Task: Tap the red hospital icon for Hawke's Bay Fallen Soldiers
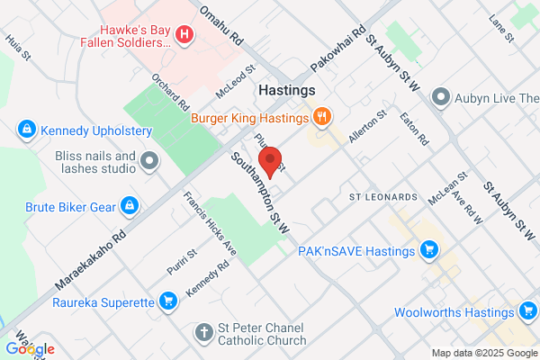[184, 34]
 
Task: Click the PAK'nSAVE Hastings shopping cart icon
[428, 250]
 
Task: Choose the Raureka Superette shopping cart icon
[167, 300]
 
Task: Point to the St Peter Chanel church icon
[205, 333]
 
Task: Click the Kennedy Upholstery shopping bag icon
[27, 130]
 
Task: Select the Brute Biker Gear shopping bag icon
[130, 206]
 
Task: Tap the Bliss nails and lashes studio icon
[149, 162]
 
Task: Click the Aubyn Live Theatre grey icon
[440, 95]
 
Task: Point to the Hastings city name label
[286, 91]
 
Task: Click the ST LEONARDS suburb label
[382, 196]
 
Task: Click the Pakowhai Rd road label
[337, 50]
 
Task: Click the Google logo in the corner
[30, 348]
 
